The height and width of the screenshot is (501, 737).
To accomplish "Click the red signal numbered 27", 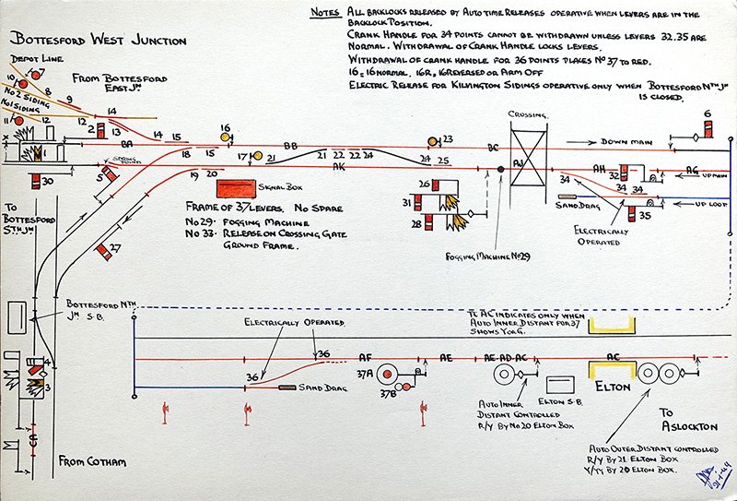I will (102, 248).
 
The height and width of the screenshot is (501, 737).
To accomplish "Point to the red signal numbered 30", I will (35, 181).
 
